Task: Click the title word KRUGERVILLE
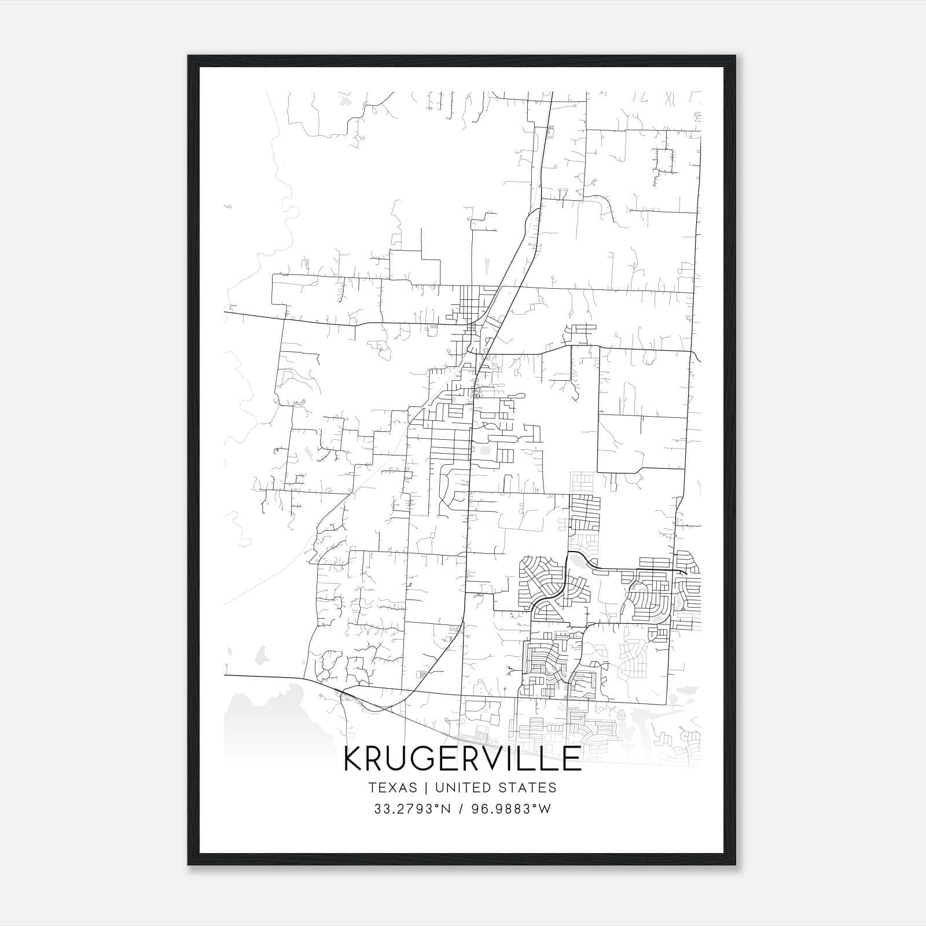point(462,759)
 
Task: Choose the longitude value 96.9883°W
point(512,809)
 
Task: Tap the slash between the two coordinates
point(461,809)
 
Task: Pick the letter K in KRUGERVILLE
point(353,759)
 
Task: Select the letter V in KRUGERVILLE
point(497,759)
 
